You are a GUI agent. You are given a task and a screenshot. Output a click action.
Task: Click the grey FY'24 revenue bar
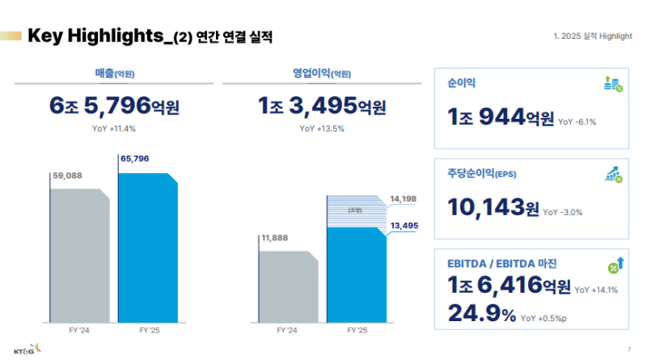tap(79, 255)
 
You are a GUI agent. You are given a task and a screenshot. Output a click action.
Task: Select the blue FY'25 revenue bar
tap(148, 247)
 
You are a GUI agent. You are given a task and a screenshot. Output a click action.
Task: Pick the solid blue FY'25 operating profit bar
tap(357, 275)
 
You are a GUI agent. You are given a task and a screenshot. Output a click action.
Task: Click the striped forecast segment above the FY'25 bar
tap(357, 211)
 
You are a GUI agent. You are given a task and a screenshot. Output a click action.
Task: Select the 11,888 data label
tap(274, 238)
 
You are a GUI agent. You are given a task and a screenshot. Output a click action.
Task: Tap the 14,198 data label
tap(404, 198)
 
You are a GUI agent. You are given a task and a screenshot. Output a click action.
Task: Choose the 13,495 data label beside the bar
tap(404, 226)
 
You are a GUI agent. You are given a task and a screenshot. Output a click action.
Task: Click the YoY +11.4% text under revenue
tap(114, 128)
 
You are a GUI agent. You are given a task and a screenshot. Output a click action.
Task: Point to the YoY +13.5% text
tap(322, 128)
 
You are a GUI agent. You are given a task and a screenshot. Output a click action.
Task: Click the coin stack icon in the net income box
tap(612, 83)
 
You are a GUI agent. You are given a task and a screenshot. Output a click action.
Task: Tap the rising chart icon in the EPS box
tap(612, 174)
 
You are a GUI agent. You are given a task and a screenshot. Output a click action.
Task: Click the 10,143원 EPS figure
tap(493, 208)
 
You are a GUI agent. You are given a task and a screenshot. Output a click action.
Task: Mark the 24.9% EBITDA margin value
tap(481, 313)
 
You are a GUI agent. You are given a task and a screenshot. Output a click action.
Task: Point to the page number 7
tap(628, 349)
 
